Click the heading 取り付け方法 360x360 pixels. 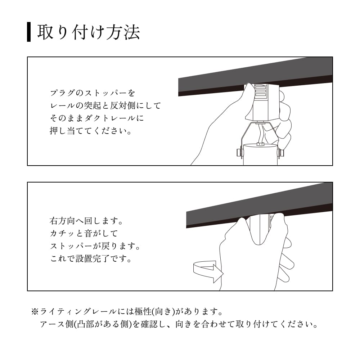[x=88, y=32]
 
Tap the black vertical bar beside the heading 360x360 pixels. [x=29, y=32]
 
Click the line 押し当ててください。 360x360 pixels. [x=90, y=130]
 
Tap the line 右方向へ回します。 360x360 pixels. [x=86, y=220]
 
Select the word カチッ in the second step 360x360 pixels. [x=62, y=233]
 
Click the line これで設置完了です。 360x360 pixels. [x=90, y=259]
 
